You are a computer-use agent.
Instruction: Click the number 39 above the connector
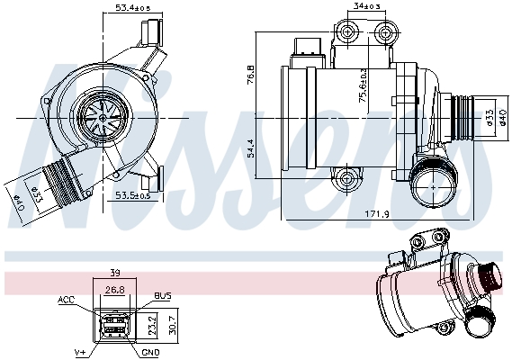(x=114, y=273)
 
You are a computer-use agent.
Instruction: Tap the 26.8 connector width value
(x=114, y=290)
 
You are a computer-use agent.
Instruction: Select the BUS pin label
(x=163, y=294)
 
